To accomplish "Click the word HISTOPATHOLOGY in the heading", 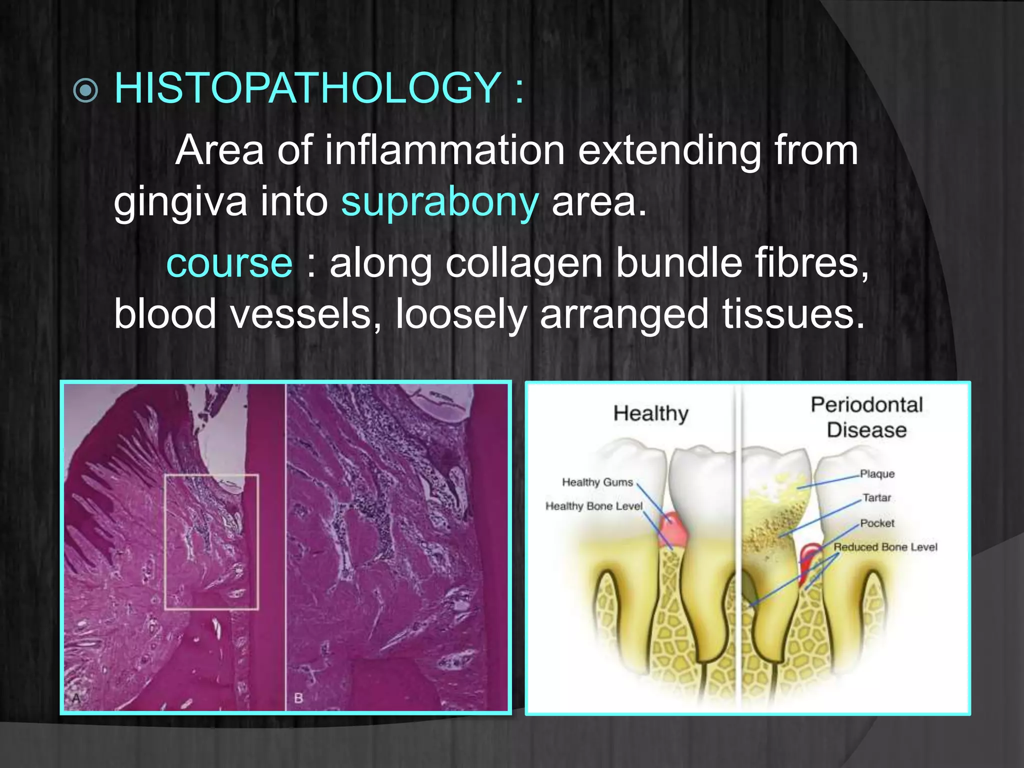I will click(x=308, y=88).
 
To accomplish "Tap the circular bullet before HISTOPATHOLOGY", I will click(x=85, y=90).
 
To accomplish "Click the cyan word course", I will click(x=229, y=263).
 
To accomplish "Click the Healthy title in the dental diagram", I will click(x=650, y=413).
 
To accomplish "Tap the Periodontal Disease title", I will click(x=866, y=417).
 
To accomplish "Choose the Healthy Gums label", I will click(x=597, y=482).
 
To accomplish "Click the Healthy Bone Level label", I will click(x=593, y=506).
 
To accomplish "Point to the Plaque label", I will click(x=877, y=473).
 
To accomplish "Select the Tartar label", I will click(x=876, y=497).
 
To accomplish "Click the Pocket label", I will click(x=877, y=523).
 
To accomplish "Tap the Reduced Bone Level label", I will click(x=885, y=547).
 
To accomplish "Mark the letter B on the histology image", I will click(x=298, y=697).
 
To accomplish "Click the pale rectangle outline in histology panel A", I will click(x=165, y=542).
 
